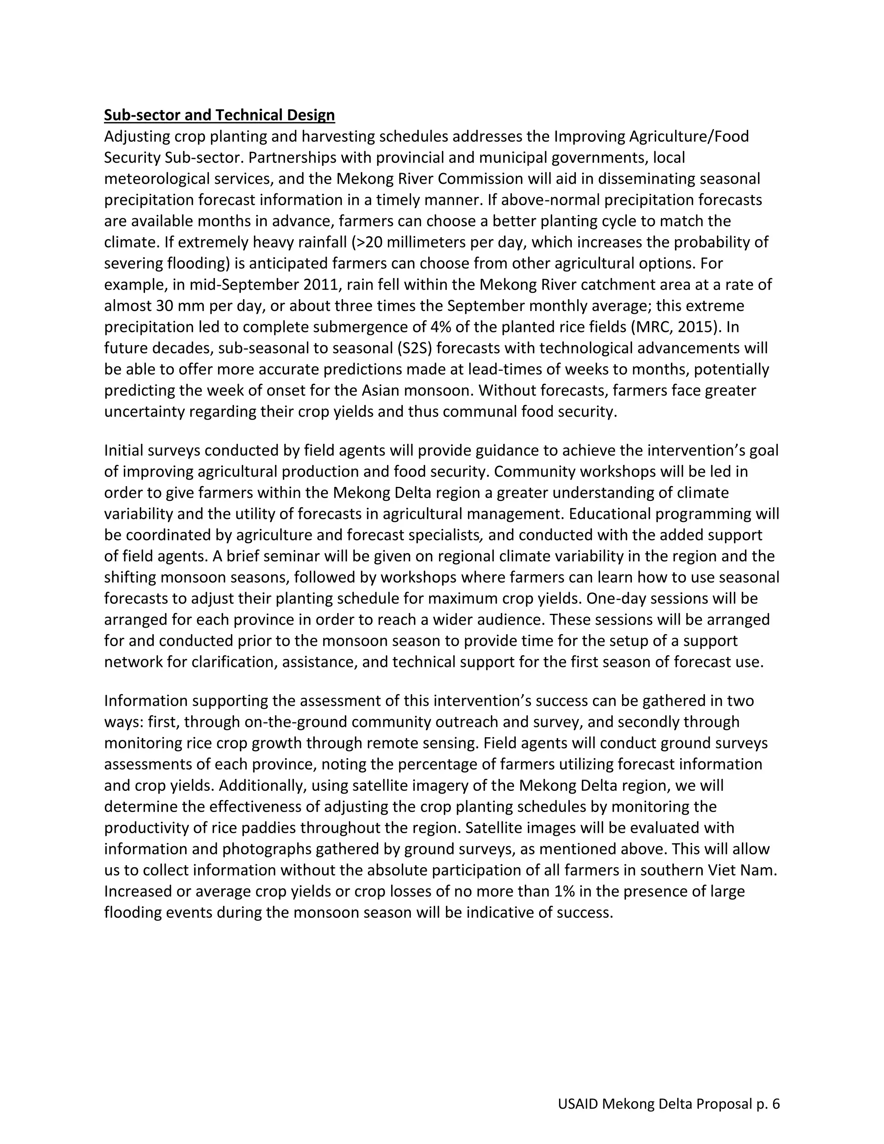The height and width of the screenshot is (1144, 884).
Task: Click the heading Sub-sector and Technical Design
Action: pos(219,115)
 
